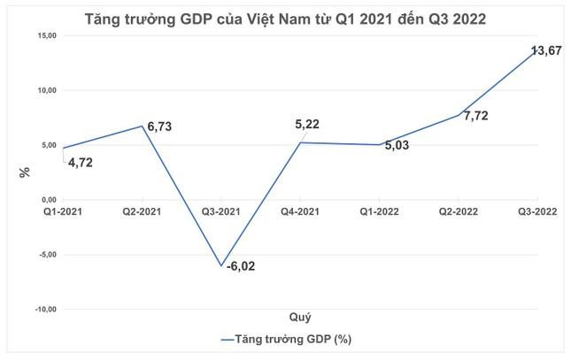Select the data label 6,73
[158, 127]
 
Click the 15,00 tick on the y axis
[44, 35]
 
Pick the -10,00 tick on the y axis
[42, 310]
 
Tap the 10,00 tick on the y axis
[44, 90]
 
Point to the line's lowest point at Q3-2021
[222, 265]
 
